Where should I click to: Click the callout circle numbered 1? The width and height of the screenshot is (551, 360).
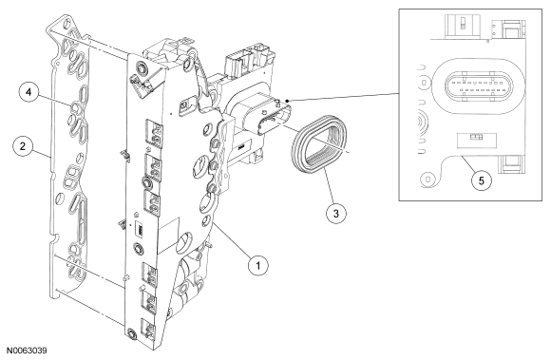(258, 265)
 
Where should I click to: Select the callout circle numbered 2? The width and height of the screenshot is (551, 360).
(23, 146)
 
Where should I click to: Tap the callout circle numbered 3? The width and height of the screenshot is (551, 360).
(336, 213)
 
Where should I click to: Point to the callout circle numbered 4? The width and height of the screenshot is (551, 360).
(28, 92)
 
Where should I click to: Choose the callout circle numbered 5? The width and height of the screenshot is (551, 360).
(481, 180)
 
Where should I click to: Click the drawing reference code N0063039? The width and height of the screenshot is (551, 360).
(27, 351)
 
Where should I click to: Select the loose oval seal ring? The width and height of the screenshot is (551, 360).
(318, 144)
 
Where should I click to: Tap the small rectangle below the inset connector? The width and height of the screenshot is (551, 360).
(476, 141)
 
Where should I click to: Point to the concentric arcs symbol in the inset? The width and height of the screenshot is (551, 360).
(423, 123)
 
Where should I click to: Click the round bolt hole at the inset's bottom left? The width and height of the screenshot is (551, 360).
(427, 180)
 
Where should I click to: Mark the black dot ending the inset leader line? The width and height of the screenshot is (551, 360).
(288, 101)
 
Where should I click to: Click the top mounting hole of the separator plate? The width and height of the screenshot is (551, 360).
(66, 26)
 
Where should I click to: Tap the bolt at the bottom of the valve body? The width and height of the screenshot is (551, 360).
(132, 333)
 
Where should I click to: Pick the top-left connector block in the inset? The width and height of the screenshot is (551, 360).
(464, 27)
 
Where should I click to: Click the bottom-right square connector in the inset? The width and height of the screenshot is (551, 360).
(507, 164)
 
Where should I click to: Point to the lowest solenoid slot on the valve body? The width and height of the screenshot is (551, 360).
(148, 328)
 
